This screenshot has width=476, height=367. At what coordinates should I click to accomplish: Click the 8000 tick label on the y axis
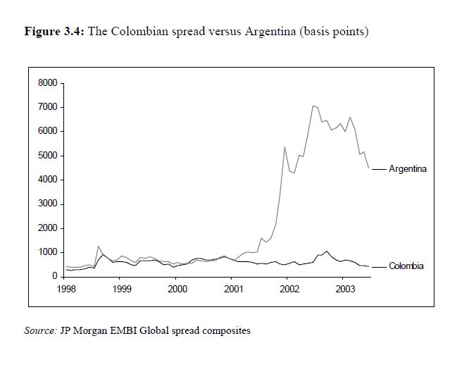point(47,83)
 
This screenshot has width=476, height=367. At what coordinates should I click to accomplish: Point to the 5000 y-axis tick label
point(47,156)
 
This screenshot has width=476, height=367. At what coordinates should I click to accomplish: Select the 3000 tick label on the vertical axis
point(47,204)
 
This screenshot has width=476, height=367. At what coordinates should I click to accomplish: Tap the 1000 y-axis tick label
point(47,252)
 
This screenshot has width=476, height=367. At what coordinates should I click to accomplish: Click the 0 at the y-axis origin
point(54,276)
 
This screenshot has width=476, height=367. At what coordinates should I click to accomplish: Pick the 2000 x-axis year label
point(177,289)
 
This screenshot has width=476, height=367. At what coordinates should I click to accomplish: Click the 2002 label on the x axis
point(288,289)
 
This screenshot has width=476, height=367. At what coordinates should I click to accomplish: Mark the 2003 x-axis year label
point(344,289)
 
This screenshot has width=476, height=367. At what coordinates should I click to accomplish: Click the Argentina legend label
point(408,169)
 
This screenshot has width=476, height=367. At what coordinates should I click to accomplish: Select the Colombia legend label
point(406,266)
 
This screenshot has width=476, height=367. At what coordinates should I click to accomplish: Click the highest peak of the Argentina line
point(313,106)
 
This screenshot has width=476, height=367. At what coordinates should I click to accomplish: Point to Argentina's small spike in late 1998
point(98,247)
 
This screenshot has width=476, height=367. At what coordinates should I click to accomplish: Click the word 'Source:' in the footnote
point(39,330)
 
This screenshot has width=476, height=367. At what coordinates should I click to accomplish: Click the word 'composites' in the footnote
point(226,330)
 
